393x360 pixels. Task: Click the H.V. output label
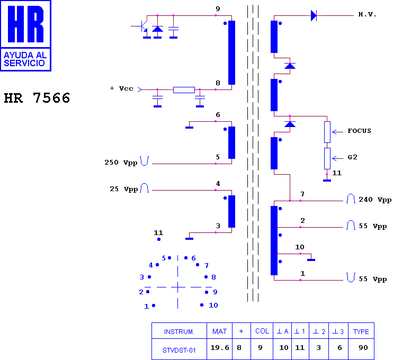point(367,14)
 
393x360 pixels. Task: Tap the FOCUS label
point(359,131)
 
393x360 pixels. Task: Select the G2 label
point(352,157)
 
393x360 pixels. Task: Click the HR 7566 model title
point(37,98)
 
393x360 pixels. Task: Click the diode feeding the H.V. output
point(314,15)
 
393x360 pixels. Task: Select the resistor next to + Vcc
point(184,89)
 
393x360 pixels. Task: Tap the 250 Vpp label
point(121,163)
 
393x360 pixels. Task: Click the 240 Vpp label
point(375,200)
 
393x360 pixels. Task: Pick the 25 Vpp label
point(124,189)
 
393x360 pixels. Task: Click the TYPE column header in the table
point(361,331)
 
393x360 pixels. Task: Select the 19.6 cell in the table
point(220,347)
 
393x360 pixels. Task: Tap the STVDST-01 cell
point(179,350)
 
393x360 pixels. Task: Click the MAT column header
point(220,331)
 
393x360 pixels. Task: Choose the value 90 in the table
point(363,347)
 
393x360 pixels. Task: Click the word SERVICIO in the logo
point(24,63)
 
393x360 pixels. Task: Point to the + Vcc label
point(122,88)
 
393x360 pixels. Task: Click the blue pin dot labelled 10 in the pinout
point(202,305)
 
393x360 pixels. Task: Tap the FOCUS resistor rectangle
point(327,132)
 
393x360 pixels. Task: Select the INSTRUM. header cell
point(179,331)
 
